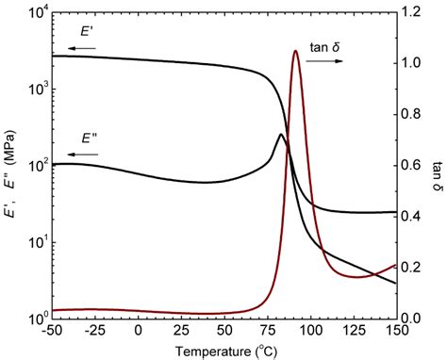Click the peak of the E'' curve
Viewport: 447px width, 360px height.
(280, 135)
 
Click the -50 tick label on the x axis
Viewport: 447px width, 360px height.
(51, 332)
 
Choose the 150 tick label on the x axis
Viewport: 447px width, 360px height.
(394, 332)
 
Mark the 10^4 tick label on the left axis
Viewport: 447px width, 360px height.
(32, 12)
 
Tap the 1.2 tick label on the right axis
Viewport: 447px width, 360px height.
(411, 13)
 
